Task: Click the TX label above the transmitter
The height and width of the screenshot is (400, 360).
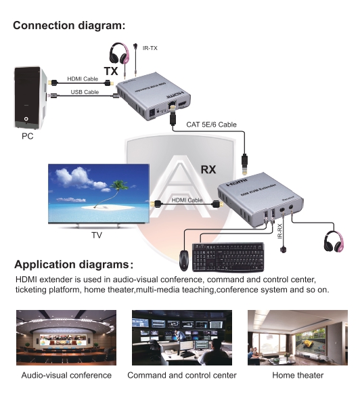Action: coord(110,71)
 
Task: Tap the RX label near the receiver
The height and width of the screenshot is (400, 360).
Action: coord(208,169)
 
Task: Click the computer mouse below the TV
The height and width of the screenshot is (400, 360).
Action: coord(184,258)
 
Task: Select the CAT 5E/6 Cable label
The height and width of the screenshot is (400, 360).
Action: coord(211,125)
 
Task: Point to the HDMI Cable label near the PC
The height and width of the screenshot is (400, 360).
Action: coord(83,79)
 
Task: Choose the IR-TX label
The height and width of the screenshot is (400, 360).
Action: coord(150,47)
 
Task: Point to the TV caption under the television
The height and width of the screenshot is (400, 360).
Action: coord(97,236)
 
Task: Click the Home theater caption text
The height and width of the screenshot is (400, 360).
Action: coord(298,375)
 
